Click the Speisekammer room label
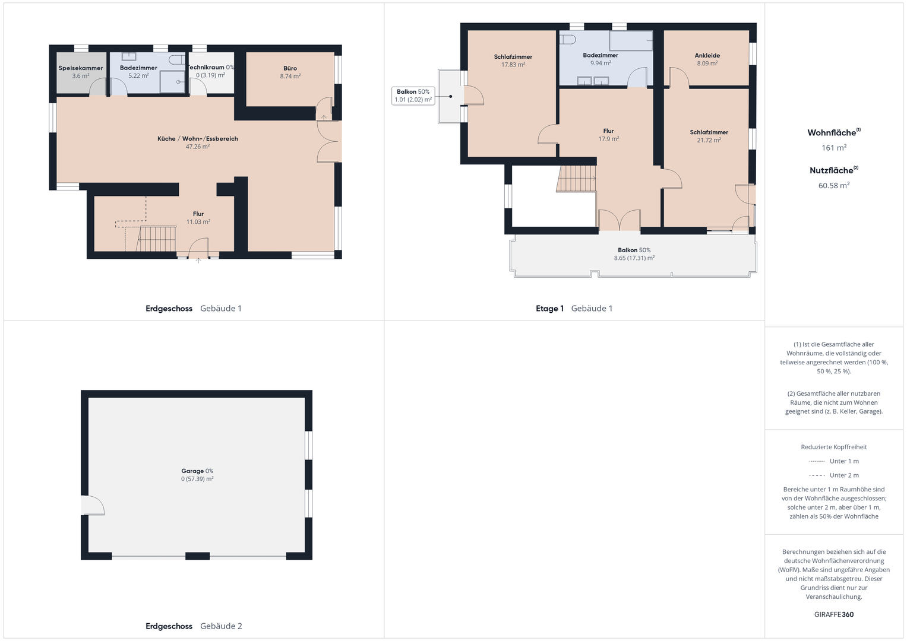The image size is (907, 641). tap(81, 68)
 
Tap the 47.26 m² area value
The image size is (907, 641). tap(198, 147)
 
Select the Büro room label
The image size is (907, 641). tap(290, 68)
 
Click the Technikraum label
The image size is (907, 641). tap(206, 67)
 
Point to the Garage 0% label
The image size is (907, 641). tap(197, 471)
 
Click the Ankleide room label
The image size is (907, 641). tap(707, 55)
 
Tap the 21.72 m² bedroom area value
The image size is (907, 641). tap(709, 140)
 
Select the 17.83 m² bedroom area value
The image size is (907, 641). tap(513, 64)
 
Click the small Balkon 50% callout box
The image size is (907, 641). tap(413, 96)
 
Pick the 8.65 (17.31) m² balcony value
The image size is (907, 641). tap(634, 258)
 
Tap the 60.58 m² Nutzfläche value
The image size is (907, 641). tap(834, 185)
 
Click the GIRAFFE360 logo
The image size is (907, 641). tap(834, 614)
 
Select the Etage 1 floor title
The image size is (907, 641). tap(549, 309)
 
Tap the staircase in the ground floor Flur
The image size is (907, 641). tap(156, 239)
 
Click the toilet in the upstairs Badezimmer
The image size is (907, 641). tap(568, 40)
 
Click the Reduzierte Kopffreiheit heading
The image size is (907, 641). tap(834, 447)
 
